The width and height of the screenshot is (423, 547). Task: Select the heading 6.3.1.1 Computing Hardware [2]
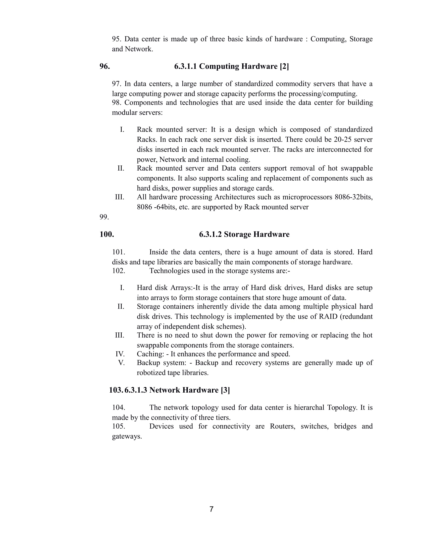point(231,66)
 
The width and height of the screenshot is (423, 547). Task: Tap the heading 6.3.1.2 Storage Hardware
point(244,234)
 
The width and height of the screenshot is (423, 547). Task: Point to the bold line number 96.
point(105,66)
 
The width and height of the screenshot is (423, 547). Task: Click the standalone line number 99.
point(104,217)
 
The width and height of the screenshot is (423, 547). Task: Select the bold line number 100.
point(107,234)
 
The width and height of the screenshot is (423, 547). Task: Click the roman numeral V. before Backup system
point(121,363)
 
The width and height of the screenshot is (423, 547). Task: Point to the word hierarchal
point(309,408)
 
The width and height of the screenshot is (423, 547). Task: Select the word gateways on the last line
point(127,436)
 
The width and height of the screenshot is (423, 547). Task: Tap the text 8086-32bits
point(354,197)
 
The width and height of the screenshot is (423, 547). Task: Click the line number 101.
point(118,252)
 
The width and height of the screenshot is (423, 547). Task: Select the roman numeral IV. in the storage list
point(120,354)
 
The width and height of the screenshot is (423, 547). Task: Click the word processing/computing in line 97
point(323,94)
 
